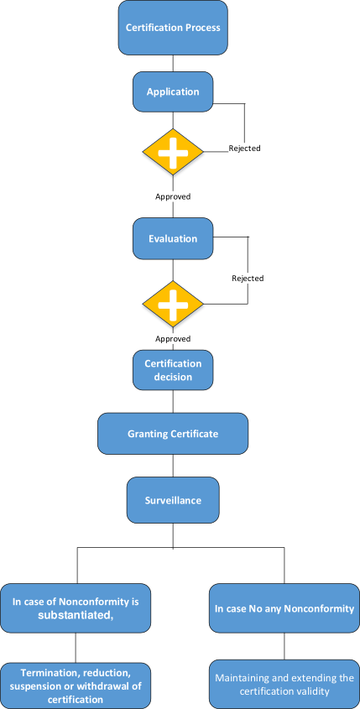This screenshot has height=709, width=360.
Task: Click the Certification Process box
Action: (173, 28)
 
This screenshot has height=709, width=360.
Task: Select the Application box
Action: (173, 91)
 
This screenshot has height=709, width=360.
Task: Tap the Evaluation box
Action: (173, 239)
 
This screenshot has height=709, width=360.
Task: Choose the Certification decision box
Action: (173, 370)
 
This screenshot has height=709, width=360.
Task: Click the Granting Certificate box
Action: (173, 434)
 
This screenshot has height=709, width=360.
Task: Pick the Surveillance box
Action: (173, 500)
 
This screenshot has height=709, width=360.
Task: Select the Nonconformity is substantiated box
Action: (76, 608)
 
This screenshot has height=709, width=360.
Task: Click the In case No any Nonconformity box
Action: (284, 608)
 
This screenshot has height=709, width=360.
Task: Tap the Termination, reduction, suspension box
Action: (76, 686)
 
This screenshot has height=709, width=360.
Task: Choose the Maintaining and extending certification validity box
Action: (284, 686)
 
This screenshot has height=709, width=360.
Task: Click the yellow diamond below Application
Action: (173, 152)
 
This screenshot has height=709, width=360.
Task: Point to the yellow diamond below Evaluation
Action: (173, 304)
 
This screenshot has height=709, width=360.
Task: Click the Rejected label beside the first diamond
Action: (245, 148)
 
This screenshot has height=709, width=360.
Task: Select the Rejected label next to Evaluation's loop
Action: (248, 278)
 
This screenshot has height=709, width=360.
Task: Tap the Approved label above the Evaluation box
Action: (173, 196)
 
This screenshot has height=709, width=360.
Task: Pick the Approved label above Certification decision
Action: (173, 339)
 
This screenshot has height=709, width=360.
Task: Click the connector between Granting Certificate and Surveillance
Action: (173, 466)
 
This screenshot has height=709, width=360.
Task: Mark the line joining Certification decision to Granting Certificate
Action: (173, 402)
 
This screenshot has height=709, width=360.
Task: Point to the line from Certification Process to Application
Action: (173, 63)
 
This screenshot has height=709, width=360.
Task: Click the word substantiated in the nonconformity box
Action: (75, 614)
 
